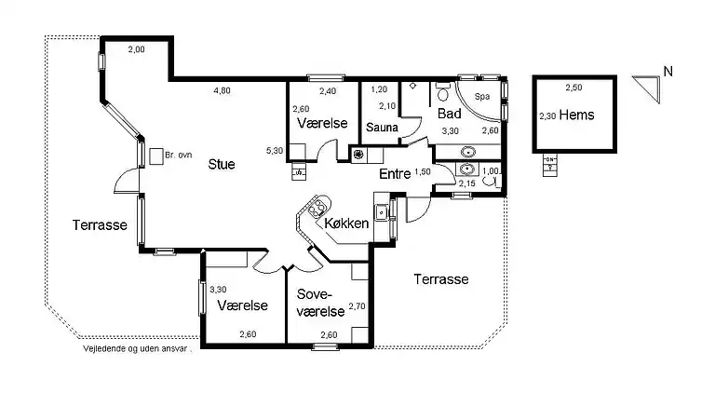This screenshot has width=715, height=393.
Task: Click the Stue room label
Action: [222, 164]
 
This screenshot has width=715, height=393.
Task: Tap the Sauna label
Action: [382, 128]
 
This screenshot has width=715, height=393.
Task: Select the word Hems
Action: [577, 115]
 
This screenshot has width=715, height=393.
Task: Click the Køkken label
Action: [346, 224]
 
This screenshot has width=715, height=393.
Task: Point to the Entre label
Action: [396, 174]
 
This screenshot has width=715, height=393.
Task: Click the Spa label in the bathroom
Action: [482, 97]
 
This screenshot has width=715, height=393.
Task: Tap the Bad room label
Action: [450, 113]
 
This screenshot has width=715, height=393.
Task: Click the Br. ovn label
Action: [179, 155]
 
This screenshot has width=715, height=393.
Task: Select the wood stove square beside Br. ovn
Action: [156, 156]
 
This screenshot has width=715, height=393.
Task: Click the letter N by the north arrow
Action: [668, 72]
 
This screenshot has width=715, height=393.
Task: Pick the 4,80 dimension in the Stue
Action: [223, 90]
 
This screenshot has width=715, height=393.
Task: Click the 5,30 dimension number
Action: [275, 151]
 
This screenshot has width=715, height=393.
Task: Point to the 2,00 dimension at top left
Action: [136, 49]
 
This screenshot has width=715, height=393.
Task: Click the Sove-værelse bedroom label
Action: [320, 303]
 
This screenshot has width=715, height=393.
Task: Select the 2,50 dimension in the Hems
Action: [573, 88]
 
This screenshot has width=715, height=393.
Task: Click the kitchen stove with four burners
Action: [317, 208]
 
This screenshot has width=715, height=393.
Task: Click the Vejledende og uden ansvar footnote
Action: [137, 349]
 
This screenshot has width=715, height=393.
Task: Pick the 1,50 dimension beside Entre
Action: [423, 172]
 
